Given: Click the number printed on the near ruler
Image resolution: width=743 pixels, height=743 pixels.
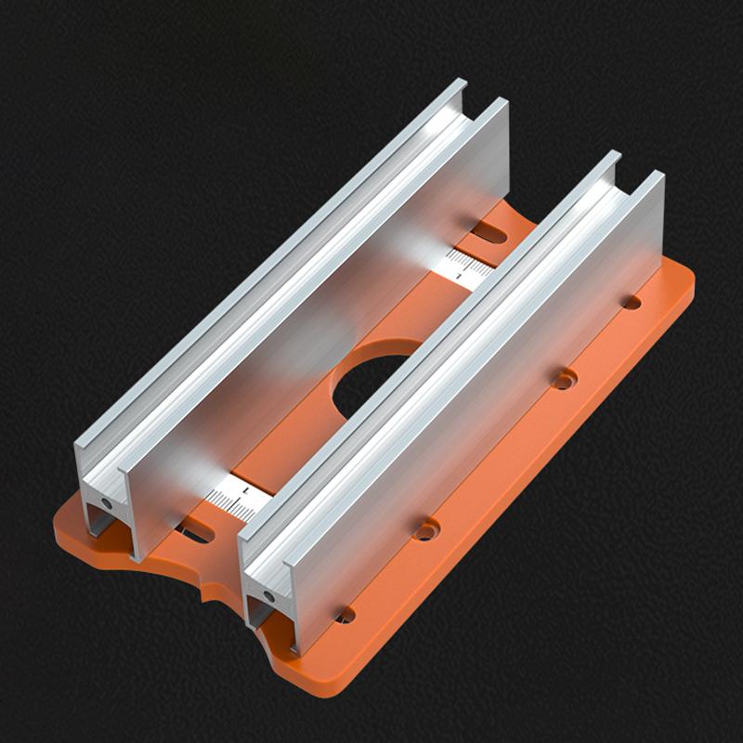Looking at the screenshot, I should pos(244,486).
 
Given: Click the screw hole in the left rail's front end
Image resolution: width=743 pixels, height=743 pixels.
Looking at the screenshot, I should pos(108,502).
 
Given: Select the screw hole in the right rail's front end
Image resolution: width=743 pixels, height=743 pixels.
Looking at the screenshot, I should pos(267,592).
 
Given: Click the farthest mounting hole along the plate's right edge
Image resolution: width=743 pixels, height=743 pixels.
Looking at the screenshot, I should pos(631,302).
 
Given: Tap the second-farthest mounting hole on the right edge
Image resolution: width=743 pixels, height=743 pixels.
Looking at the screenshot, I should pos(564,379).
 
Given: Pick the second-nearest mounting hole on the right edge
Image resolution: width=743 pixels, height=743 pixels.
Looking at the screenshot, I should pos(425,530).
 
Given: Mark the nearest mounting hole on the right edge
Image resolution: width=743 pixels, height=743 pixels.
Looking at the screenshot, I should pos(345,614).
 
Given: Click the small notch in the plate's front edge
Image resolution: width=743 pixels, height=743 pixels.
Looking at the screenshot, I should pos(212,594).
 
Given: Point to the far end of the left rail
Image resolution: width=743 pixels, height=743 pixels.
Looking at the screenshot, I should pos(483,102).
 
